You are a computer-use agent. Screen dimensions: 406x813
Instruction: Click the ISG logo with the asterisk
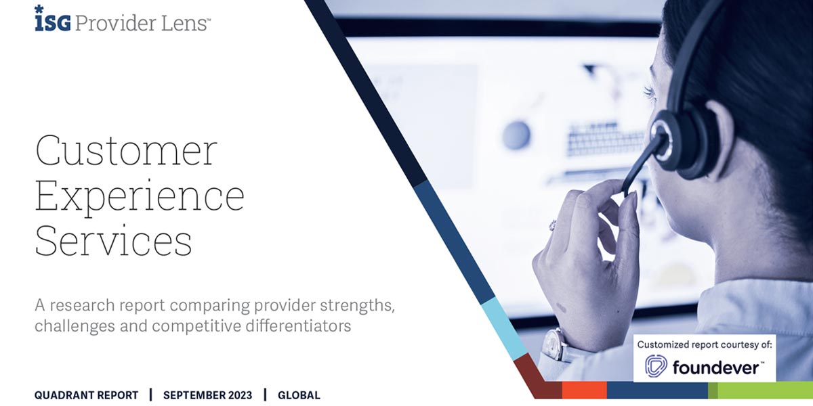coord(52,20)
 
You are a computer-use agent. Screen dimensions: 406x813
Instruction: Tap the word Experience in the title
coord(140,196)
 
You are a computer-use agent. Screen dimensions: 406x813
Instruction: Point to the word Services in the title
coord(113,241)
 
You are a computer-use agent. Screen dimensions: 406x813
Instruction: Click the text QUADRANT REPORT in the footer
coord(86,395)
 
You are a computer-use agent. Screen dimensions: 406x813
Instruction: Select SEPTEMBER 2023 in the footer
coord(207,395)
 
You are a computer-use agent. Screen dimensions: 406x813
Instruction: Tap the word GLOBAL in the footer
coord(299,395)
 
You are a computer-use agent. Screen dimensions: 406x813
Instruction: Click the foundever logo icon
coord(656,366)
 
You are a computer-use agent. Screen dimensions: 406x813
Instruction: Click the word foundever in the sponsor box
coord(717,367)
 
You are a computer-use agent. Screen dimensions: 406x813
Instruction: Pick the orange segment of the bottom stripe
coord(584,390)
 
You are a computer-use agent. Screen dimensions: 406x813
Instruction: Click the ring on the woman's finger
coord(553,225)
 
